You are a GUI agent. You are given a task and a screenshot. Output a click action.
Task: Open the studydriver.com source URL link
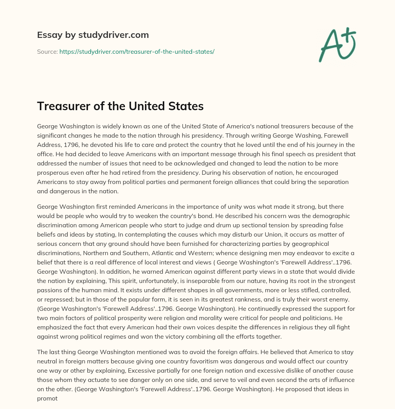pos(137,51)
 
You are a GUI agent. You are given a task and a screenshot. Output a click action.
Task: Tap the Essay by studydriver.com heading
pos(93,35)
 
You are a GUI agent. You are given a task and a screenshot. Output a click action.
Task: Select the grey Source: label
pos(47,51)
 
